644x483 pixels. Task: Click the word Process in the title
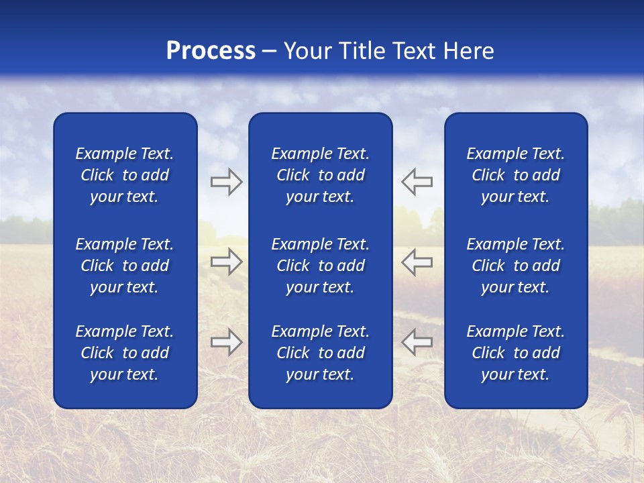pos(211,51)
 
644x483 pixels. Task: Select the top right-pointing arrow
pos(226,182)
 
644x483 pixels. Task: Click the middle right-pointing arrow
pos(226,262)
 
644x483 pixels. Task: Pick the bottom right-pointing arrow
pos(226,342)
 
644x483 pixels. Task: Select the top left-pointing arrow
pos(417,182)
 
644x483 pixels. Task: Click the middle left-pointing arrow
pos(417,262)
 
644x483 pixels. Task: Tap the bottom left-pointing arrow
pos(417,342)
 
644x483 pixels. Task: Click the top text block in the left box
pos(125,175)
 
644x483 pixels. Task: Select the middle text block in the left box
pos(125,266)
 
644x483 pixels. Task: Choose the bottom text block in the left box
pos(125,353)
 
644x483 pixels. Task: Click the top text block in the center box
pos(320,175)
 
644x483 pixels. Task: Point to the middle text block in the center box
pos(320,266)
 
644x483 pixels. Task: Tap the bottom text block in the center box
pos(320,353)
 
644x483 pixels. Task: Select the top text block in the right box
pos(515,175)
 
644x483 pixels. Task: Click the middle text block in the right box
pos(515,266)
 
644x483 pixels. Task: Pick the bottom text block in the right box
pos(515,353)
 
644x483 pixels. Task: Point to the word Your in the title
pos(306,51)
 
